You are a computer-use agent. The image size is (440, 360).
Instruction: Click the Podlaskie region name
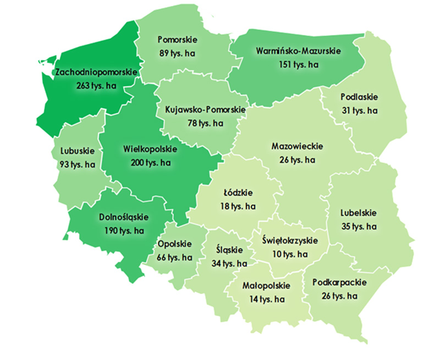359,97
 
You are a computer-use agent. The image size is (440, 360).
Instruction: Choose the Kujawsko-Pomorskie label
205,110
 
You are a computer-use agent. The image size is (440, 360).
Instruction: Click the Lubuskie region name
76,151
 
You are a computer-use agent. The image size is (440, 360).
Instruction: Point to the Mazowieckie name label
298,147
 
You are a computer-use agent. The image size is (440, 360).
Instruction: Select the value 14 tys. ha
263,299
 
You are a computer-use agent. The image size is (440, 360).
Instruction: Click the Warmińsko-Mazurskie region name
299,51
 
